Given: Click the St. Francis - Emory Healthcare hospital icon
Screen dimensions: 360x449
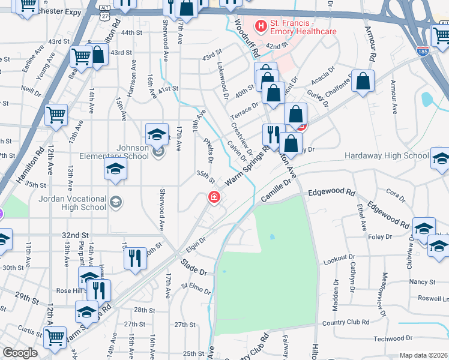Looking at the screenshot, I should click(261, 26).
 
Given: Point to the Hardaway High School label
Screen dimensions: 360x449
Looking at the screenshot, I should click(387, 156).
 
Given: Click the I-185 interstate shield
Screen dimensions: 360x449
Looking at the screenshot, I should click(423, 52).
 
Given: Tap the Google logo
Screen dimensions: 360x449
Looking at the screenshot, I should click(20, 353).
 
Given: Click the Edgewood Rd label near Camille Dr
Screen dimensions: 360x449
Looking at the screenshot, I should click(331, 193).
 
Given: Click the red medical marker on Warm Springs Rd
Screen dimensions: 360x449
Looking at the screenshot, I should click(213, 197).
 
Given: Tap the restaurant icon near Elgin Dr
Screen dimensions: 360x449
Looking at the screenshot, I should click(135, 259).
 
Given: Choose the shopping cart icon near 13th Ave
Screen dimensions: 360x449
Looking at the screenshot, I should click(56, 114).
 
